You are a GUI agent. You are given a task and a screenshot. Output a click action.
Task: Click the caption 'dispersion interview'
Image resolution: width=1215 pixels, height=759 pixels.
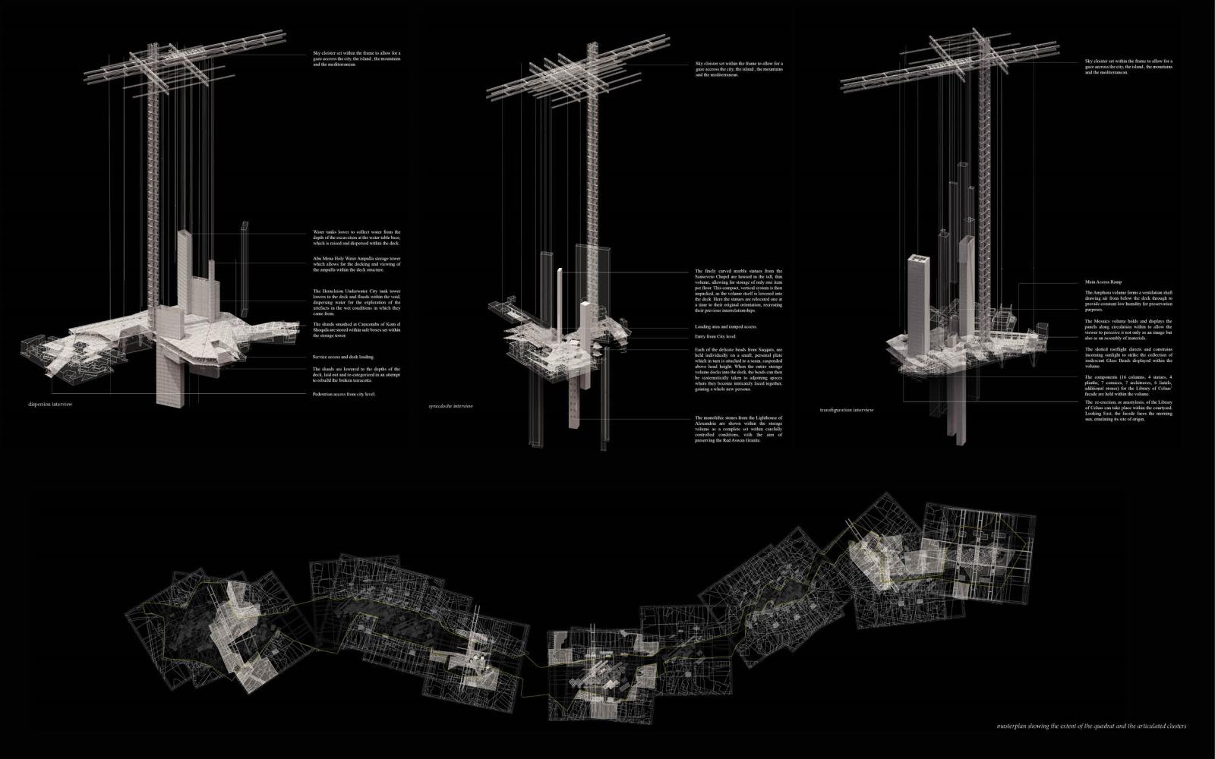[x=50, y=405]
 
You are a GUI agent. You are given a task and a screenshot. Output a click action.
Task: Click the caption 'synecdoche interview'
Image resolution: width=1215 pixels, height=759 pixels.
[x=450, y=406]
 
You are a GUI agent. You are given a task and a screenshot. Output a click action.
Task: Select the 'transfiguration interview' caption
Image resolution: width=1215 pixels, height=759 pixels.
[x=847, y=410]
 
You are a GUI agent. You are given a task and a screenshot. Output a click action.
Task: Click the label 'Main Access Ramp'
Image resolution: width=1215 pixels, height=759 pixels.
[x=1106, y=282]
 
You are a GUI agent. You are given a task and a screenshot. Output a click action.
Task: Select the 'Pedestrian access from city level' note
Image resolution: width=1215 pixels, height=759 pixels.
[x=344, y=394]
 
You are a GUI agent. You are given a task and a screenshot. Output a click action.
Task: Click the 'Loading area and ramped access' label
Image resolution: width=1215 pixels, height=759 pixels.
[x=726, y=327]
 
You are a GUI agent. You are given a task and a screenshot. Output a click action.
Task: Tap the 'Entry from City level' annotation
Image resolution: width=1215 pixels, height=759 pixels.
[x=715, y=336]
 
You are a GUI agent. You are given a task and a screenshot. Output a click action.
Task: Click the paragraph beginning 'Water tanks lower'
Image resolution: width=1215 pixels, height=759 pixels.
[x=356, y=237]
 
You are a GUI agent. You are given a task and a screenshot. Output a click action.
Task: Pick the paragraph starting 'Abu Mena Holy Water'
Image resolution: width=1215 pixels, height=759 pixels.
[x=356, y=264]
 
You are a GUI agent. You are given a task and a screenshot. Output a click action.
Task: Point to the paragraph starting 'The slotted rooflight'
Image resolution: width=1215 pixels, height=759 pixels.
[x=1128, y=357]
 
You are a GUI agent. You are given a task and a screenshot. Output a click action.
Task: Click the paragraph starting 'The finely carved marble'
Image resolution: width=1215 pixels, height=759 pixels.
[x=738, y=291]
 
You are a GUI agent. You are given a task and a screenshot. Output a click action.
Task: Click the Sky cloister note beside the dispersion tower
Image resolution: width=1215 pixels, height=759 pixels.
[x=356, y=58]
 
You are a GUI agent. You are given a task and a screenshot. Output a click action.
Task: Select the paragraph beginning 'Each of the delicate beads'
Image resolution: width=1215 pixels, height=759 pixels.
[x=738, y=369]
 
